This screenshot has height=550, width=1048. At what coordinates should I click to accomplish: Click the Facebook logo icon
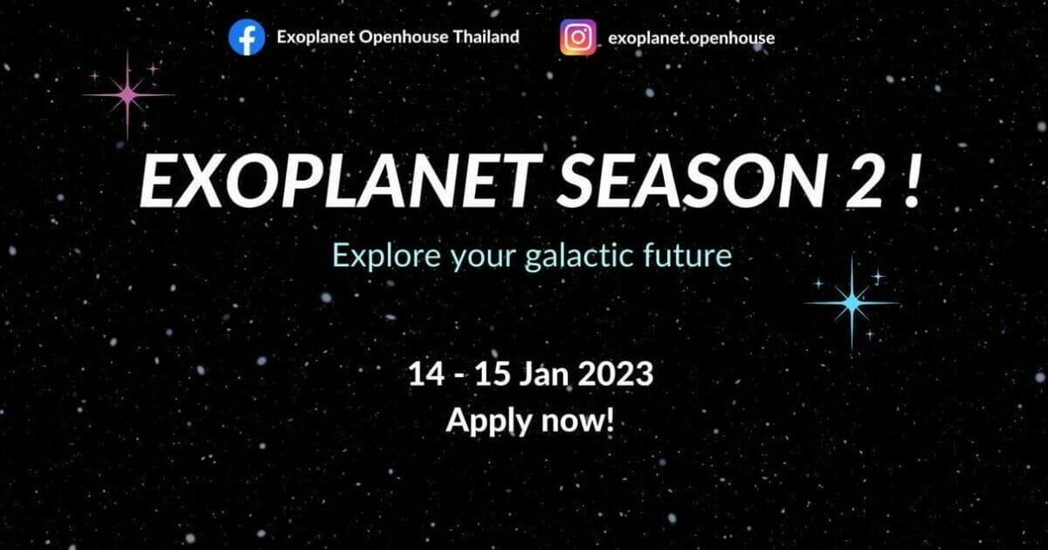(246, 38)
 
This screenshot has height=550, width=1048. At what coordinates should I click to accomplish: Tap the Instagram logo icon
(578, 38)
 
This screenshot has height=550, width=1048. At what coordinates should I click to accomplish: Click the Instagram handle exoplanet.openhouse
(691, 38)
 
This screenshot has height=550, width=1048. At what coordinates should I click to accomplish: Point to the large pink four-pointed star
(128, 95)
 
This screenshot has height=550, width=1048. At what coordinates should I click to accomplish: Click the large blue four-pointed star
(852, 303)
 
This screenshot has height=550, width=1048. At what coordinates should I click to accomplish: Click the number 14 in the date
(426, 375)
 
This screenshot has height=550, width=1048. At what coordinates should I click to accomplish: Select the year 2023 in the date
(615, 375)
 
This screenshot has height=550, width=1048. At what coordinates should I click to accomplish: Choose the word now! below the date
(577, 422)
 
